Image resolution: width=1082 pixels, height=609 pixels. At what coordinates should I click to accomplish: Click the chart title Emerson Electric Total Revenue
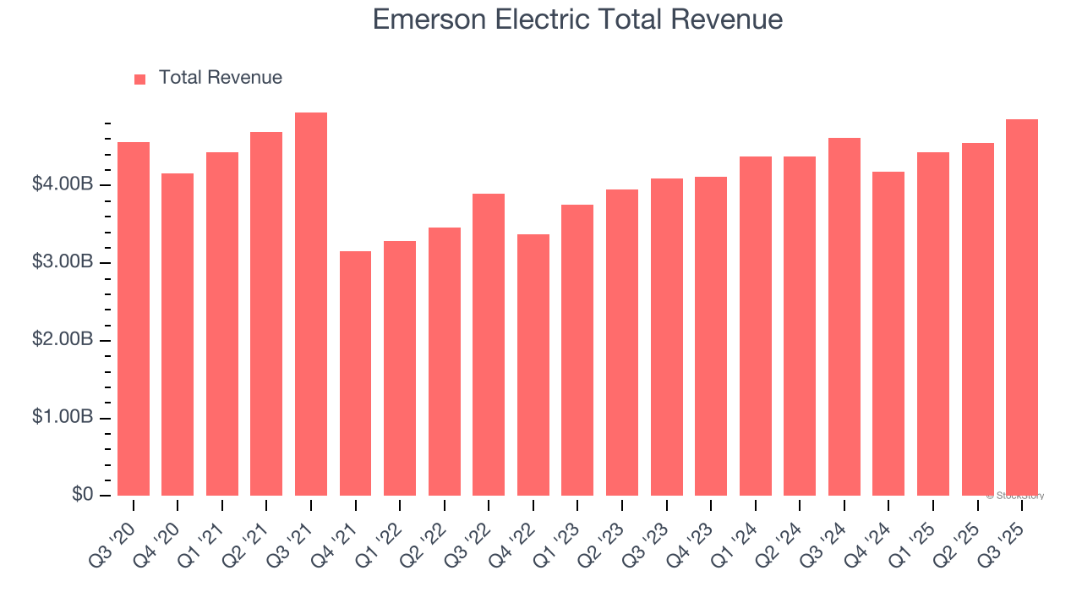[577, 19]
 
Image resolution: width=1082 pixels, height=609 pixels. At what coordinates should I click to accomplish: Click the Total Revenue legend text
[220, 78]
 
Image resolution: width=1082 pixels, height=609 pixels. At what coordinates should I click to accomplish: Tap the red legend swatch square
[140, 79]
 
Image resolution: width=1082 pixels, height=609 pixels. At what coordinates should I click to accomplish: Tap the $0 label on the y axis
[82, 495]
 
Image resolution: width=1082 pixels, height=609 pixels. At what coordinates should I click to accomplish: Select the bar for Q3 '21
[311, 304]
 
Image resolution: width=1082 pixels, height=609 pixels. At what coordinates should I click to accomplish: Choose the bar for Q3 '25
[1022, 308]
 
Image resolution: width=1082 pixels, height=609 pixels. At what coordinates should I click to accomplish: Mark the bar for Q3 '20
[134, 319]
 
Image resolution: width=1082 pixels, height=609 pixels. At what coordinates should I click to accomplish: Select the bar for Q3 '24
[844, 317]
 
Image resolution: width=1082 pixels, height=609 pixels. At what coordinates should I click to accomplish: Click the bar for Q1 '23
[577, 350]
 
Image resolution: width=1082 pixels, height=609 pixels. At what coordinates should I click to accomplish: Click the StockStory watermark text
[1014, 496]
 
